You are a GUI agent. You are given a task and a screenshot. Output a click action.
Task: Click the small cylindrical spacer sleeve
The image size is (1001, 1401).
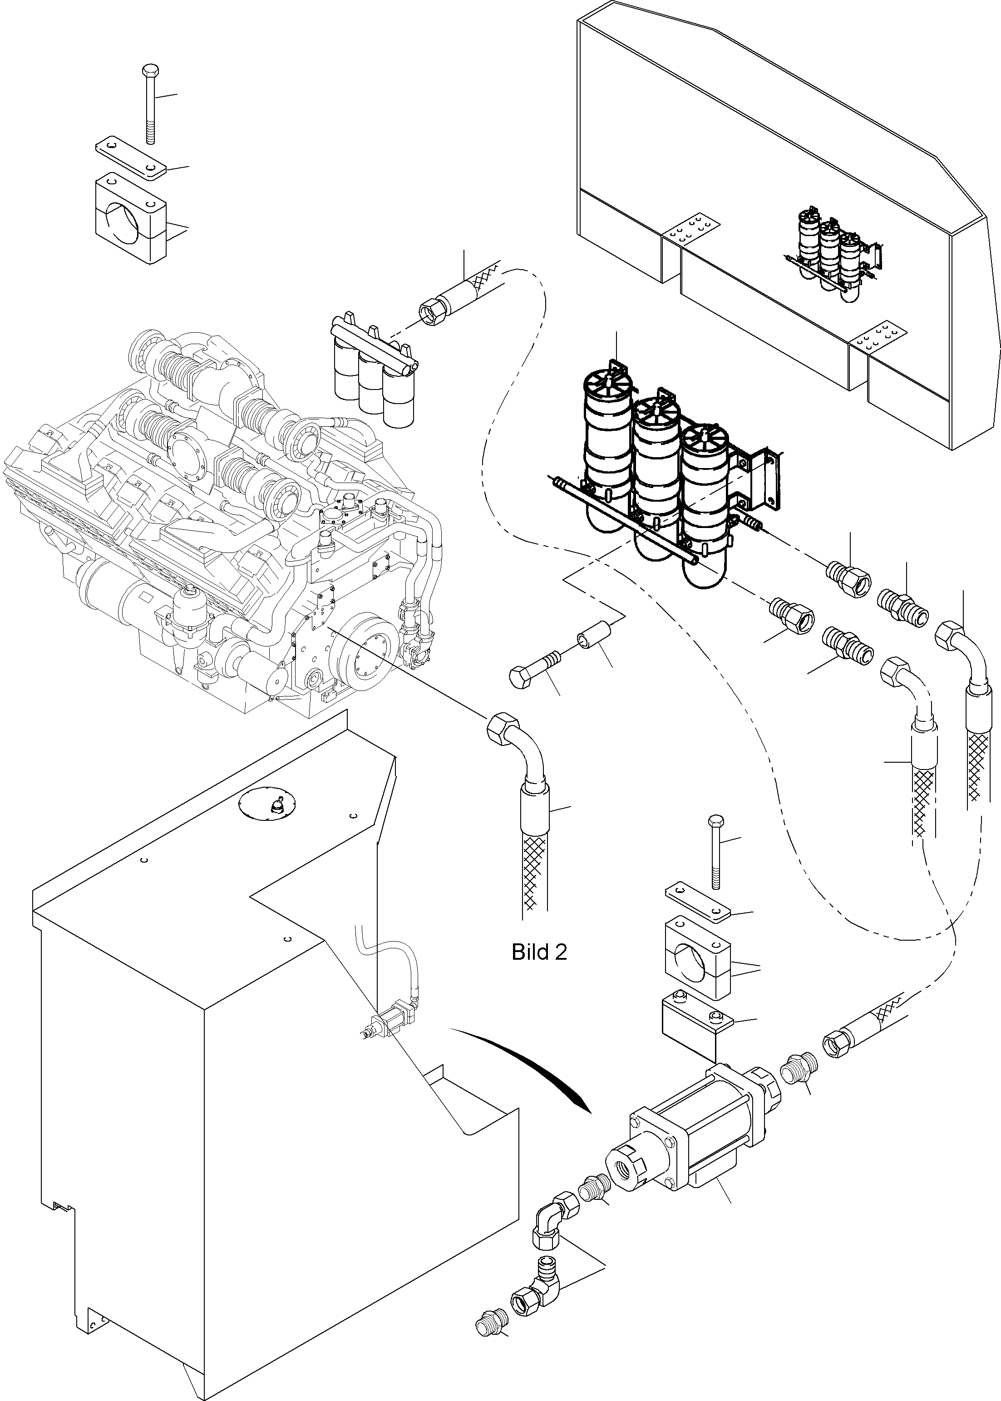(x=596, y=641)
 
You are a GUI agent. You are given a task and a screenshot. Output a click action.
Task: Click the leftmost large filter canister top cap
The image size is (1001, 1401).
(x=607, y=386)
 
